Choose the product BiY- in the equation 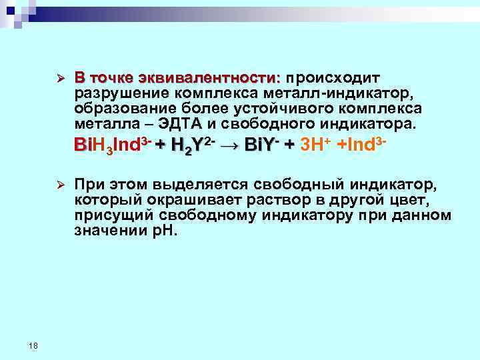[x=261, y=145]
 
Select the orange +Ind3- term [x=363, y=145]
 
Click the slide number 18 [x=35, y=345]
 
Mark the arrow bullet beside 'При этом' [x=59, y=183]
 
